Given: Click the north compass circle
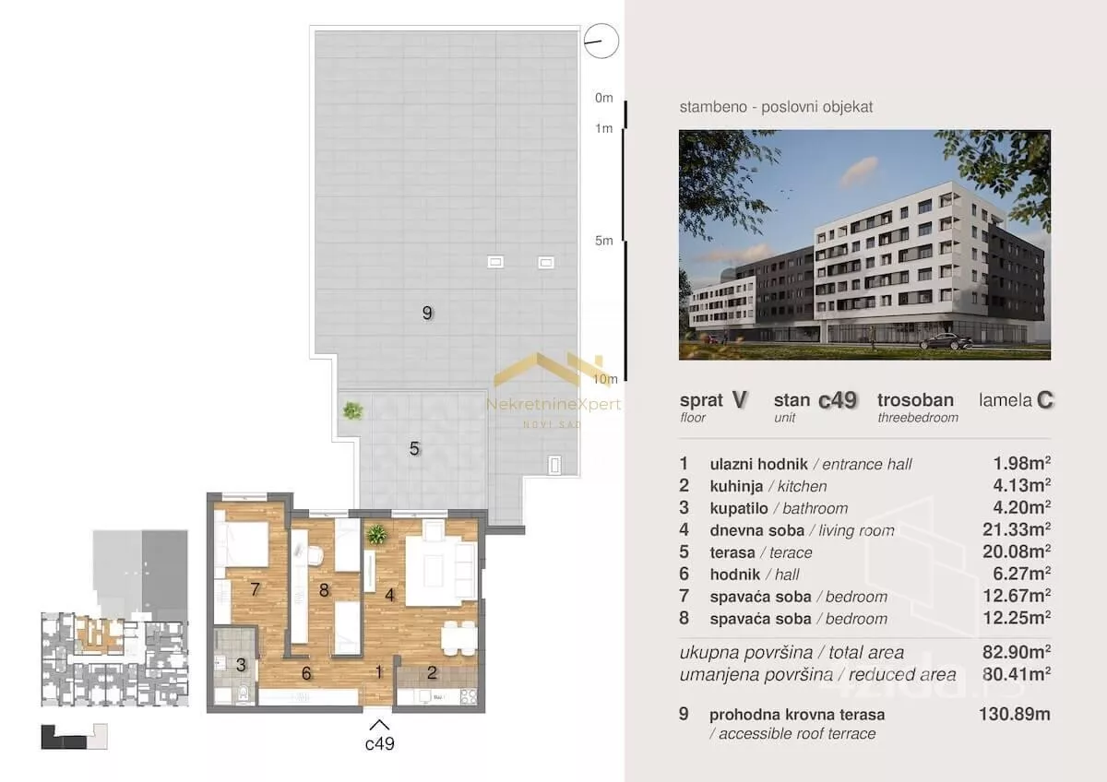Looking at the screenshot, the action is (601, 25).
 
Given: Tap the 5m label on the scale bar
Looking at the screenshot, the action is (604, 241).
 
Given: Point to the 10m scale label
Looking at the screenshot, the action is (605, 379).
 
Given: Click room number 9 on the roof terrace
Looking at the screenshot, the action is (427, 313).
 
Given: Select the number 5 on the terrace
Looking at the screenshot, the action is (414, 448).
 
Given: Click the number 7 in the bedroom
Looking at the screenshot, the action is (255, 589).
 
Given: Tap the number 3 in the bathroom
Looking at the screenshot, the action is (241, 665).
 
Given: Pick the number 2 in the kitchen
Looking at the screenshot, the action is (432, 672).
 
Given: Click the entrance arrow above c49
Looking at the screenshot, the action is (379, 725).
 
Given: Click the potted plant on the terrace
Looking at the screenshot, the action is (352, 410).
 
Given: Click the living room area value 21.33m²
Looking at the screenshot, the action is (1017, 529).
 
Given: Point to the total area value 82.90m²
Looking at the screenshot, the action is (1017, 652).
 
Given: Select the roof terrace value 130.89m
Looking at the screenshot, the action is (1015, 714).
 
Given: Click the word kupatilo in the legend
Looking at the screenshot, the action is (739, 508).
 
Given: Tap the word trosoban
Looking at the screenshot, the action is (915, 399).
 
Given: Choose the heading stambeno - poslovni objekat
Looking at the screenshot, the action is (776, 107).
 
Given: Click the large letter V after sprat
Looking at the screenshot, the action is (739, 399).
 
